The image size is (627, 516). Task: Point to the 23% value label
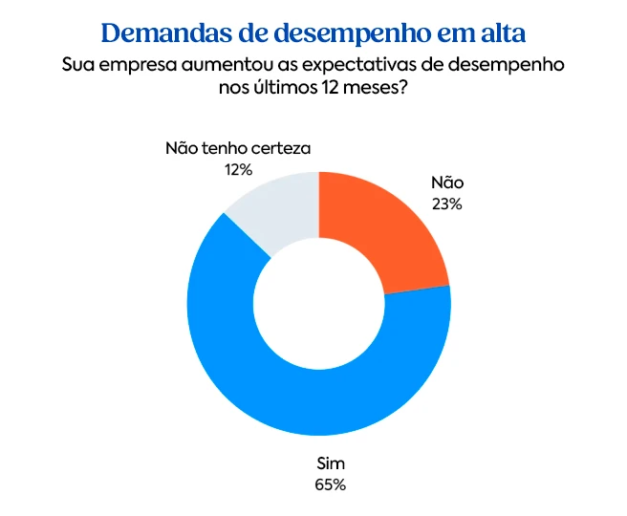point(446,204)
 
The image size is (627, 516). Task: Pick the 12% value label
point(238,169)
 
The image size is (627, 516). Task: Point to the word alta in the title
point(497,32)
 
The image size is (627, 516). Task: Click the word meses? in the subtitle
point(388,89)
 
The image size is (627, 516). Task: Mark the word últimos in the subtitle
point(295,89)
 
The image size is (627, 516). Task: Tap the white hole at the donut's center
point(318,304)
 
